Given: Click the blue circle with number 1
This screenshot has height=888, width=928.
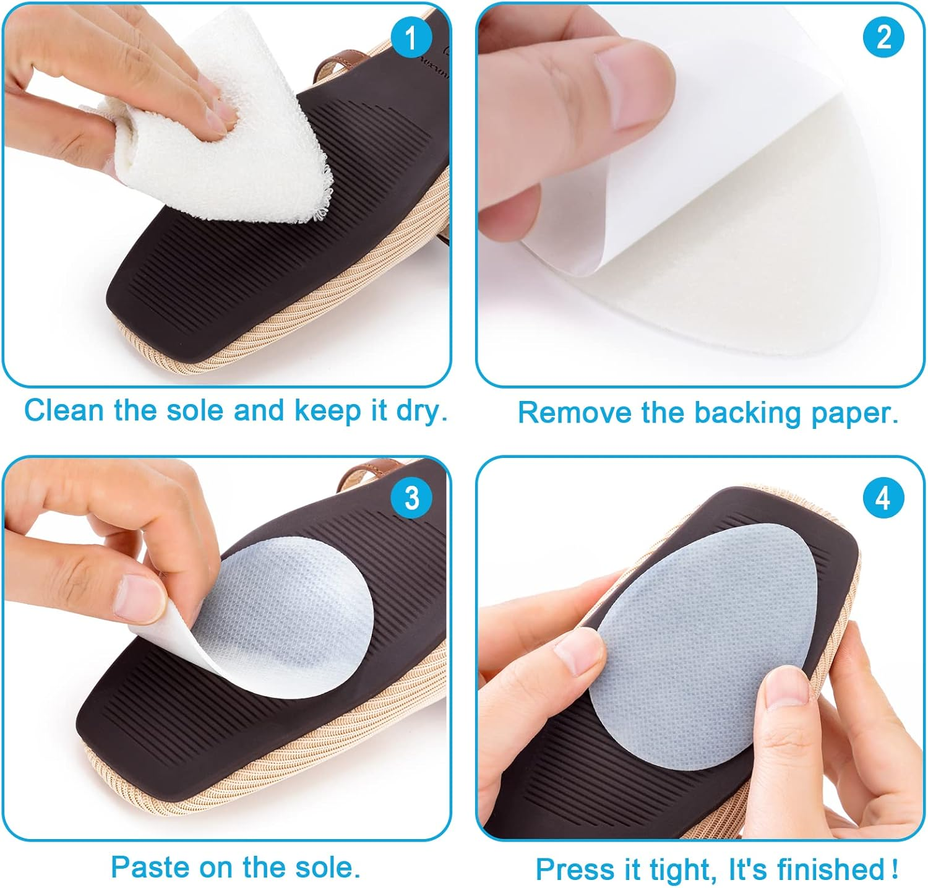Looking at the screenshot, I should coord(410,38).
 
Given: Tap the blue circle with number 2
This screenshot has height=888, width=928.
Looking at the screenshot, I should coord(883,38).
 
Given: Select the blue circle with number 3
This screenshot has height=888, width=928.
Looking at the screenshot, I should coord(411,498).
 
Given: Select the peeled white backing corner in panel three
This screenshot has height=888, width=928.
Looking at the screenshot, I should coord(176,644).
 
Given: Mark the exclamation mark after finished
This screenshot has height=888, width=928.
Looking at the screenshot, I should coord(895,869).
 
